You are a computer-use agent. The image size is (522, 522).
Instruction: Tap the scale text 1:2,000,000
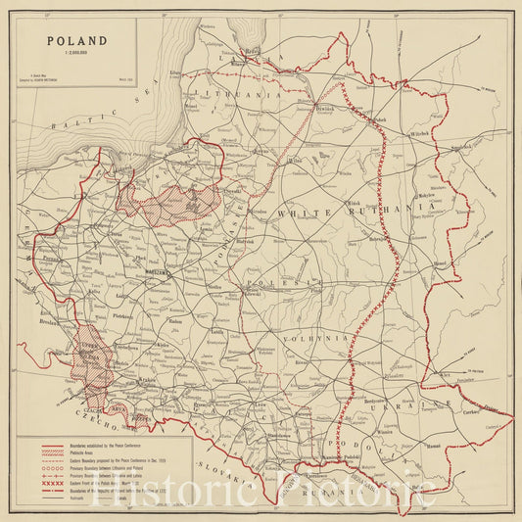(x=72, y=57)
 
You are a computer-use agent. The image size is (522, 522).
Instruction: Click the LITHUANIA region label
(x=225, y=93)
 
